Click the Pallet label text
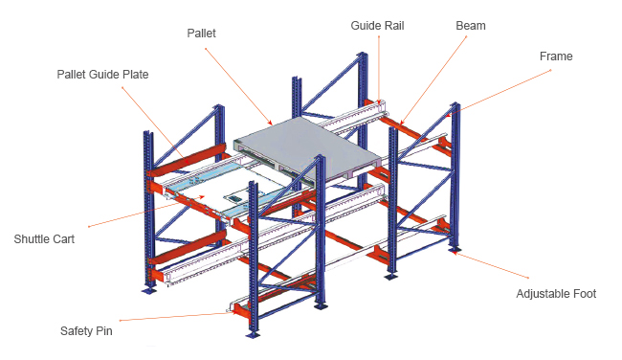[x=202, y=33]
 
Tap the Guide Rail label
[x=377, y=26]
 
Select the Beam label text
[x=471, y=26]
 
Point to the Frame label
[x=556, y=56]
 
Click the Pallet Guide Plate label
[x=102, y=75]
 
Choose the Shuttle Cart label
[x=44, y=239]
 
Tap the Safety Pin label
[x=86, y=331]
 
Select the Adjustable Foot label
[x=556, y=294]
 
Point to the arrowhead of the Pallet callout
[x=271, y=124]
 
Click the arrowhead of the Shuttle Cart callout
[x=203, y=196]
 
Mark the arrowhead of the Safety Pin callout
[x=235, y=312]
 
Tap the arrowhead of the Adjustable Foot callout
[x=455, y=253]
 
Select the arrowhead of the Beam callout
[x=402, y=123]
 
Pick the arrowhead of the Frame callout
[x=448, y=115]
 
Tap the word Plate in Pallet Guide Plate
[x=136, y=75]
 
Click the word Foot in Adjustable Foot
[x=585, y=294]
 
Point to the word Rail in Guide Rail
[x=393, y=26]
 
